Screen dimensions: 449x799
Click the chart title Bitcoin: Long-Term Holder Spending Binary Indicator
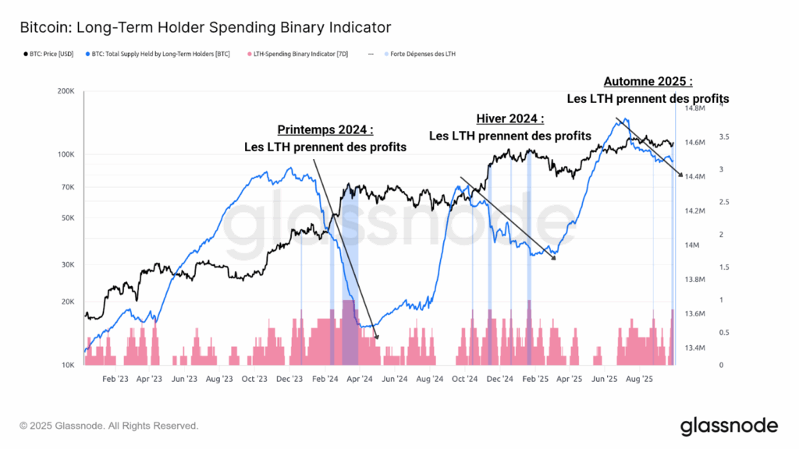coord(205,28)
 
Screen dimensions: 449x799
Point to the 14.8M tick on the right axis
coord(696,108)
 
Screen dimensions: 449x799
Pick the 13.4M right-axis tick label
coord(696,348)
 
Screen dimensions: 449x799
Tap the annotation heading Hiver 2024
coord(510,119)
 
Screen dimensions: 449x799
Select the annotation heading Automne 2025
coord(648,81)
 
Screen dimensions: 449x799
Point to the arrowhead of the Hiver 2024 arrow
coord(554,259)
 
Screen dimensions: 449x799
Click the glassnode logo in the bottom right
coord(729,426)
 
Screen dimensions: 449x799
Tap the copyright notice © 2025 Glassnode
coord(109,426)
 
